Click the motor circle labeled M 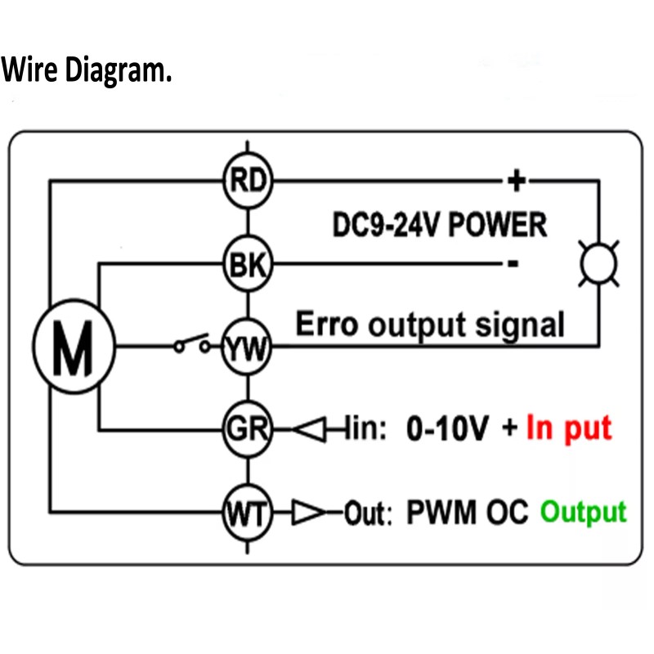74,347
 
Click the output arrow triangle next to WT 308,513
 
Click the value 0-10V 450,428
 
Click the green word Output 583,513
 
